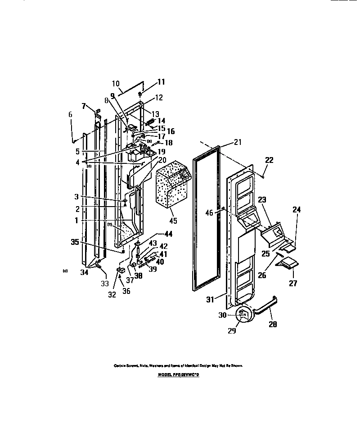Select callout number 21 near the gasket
click(x=238, y=142)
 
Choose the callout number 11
click(x=148, y=82)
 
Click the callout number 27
click(x=293, y=283)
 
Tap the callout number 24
click(x=296, y=209)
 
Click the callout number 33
click(x=104, y=284)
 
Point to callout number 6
click(x=70, y=115)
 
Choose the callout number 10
click(x=115, y=83)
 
